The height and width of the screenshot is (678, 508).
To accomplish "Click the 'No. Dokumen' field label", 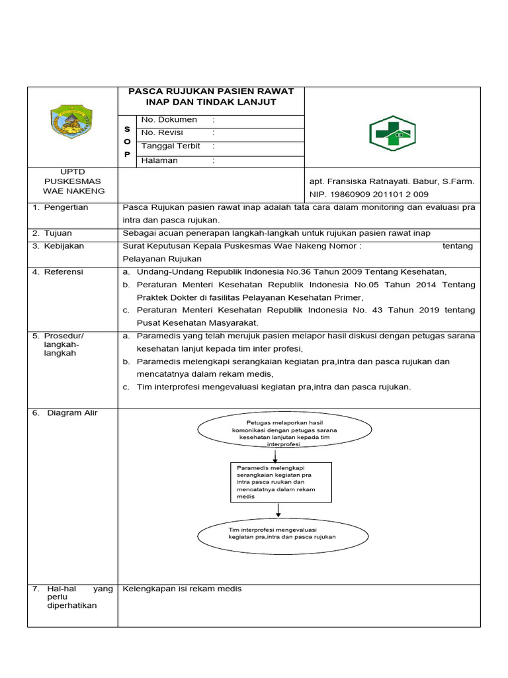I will (x=169, y=120).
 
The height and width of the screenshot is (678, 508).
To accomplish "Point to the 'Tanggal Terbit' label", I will (x=169, y=146).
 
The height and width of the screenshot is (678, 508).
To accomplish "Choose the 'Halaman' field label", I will (x=159, y=160).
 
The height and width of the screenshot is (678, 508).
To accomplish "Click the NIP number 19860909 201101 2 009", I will (x=368, y=194).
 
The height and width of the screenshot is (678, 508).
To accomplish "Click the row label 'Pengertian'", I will (x=66, y=207).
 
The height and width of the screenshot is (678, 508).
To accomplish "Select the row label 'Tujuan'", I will (x=58, y=233).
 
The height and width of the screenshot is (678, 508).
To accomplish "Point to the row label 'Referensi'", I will (x=64, y=271).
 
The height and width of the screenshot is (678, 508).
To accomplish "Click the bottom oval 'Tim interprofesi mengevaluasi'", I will (x=273, y=534).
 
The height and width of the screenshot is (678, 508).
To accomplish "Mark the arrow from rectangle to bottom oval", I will (x=278, y=509).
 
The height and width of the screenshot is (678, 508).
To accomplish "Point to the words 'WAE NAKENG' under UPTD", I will (x=73, y=191).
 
